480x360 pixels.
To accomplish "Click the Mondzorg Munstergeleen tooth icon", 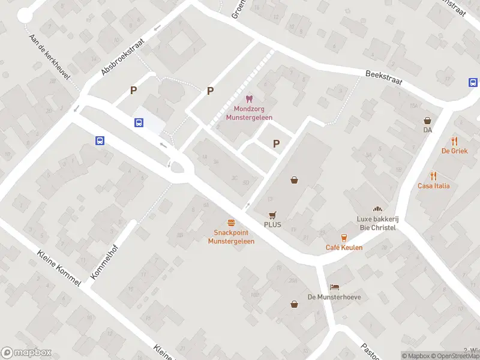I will (249, 98).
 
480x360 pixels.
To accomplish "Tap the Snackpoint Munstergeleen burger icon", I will (231, 222).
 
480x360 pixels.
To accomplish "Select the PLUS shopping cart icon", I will (272, 215).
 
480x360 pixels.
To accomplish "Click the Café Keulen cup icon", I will (344, 238).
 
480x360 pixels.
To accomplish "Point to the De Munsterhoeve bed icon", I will (333, 287).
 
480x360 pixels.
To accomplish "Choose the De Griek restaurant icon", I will (455, 142).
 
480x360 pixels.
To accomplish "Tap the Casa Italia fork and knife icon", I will (434, 176).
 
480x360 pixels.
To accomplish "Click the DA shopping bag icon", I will (427, 120).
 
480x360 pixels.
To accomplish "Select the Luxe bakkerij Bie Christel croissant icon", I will (377, 209).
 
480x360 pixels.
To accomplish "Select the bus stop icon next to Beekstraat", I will (473, 83).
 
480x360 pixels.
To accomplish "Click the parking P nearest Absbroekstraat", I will (134, 91).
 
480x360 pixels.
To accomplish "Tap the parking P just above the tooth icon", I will (210, 91).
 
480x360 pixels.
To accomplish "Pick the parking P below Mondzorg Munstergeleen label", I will (276, 143).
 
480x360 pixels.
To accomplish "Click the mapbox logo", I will (26, 353).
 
